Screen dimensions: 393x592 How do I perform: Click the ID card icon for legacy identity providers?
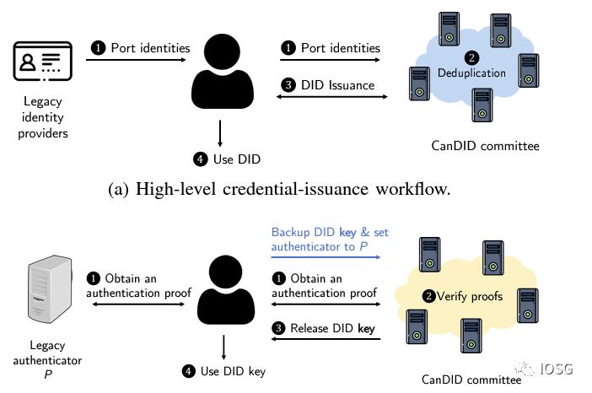[41, 63]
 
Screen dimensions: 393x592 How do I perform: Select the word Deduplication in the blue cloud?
[471, 73]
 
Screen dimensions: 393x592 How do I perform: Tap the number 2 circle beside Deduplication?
[471, 57]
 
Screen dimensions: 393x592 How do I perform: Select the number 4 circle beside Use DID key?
[189, 370]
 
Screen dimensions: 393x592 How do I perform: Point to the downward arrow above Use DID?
[220, 133]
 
